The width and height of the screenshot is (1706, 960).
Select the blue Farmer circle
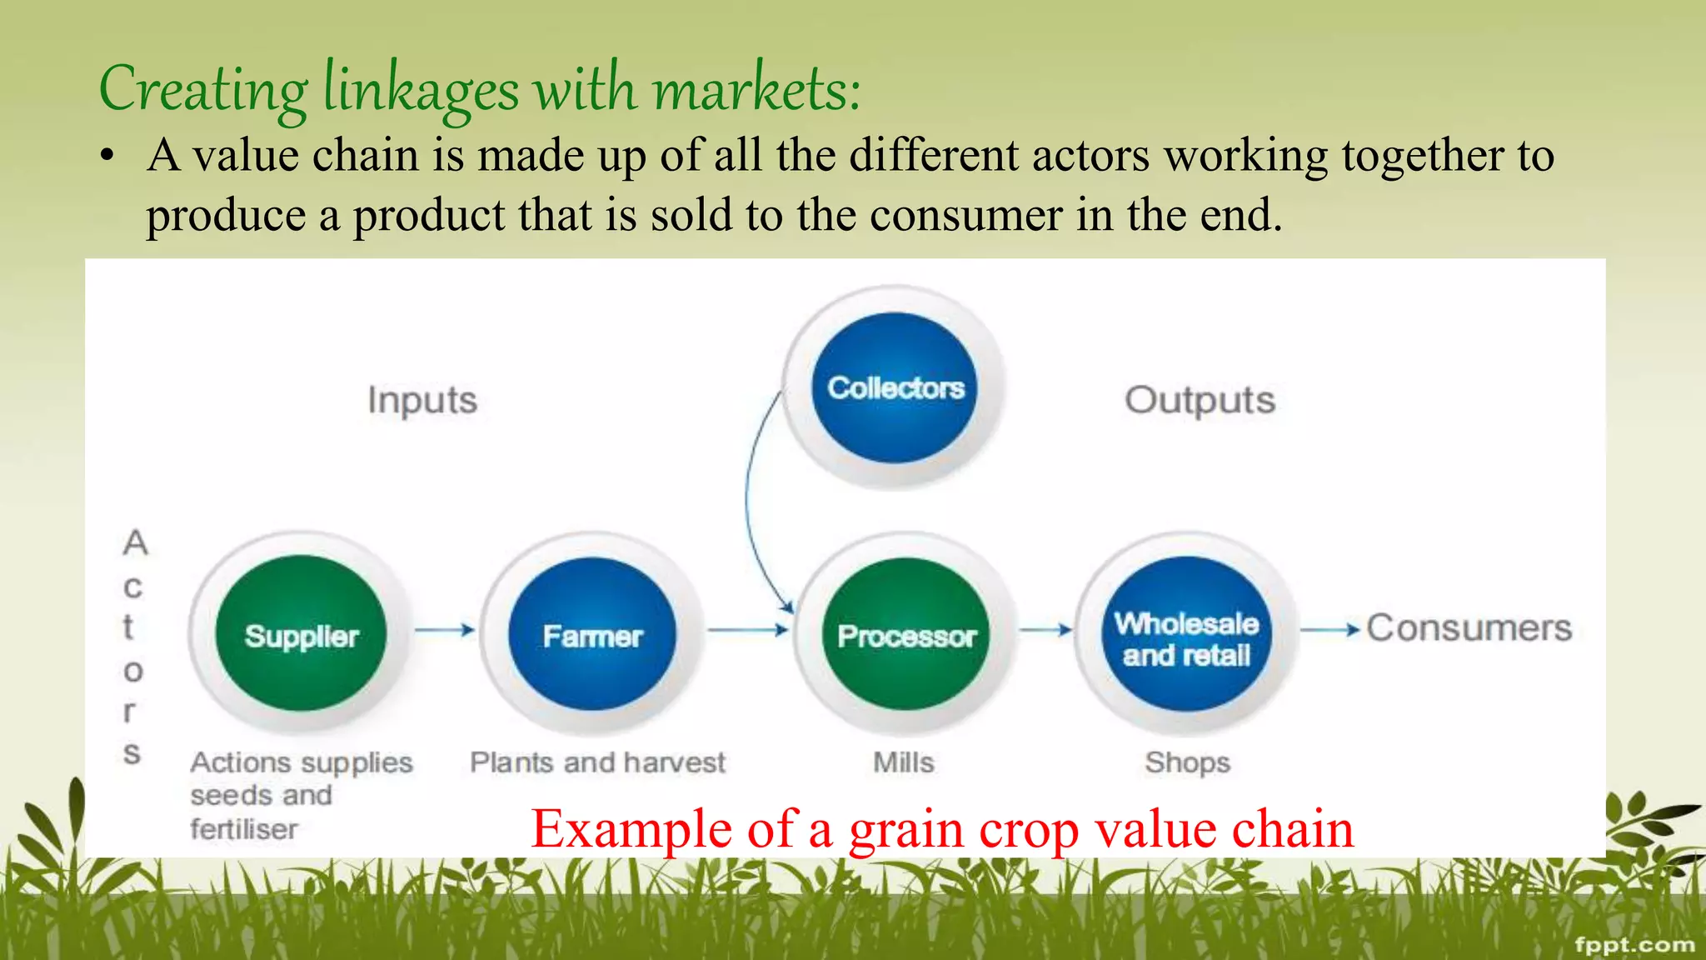tap(592, 635)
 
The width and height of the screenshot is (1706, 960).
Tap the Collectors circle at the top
tap(895, 387)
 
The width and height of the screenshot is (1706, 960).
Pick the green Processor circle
tap(906, 635)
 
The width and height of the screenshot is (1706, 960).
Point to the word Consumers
tap(1469, 627)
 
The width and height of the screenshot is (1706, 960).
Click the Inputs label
tap(422, 401)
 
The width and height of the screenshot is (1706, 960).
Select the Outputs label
tap(1200, 401)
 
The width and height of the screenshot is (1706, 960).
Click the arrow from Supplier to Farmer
tap(445, 630)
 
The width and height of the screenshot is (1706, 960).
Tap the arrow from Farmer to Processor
tap(747, 630)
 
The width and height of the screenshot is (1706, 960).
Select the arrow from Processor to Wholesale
tap(1046, 630)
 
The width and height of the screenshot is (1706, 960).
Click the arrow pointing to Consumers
tap(1329, 630)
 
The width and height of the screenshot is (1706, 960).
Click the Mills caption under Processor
tap(903, 762)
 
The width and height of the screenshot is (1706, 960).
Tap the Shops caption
tap(1187, 762)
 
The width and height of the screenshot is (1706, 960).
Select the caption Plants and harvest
tap(597, 762)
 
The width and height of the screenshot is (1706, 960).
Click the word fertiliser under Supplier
tap(243, 829)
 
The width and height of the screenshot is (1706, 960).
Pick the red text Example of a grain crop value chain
tap(941, 829)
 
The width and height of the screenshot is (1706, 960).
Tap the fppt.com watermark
tap(1634, 944)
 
